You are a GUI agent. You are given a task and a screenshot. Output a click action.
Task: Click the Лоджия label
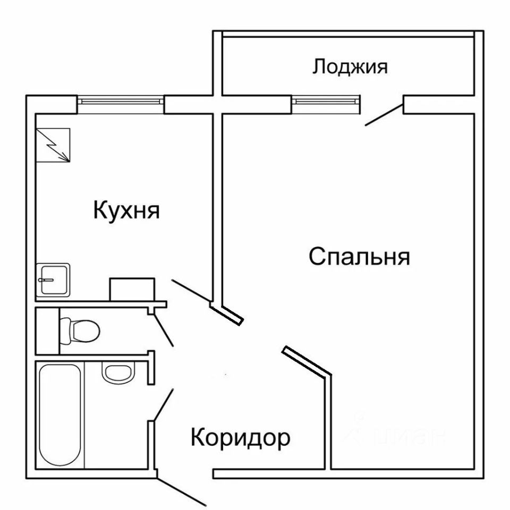pos(350,67)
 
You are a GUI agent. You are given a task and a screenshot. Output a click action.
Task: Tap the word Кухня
pos(126,210)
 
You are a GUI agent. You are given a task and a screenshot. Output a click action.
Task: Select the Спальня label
pos(359,257)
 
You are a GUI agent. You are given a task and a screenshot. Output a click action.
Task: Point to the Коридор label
pos(240,438)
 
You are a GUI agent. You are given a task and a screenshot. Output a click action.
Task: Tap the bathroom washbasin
pos(115,373)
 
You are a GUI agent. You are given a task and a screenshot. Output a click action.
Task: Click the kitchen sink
pos(53,280)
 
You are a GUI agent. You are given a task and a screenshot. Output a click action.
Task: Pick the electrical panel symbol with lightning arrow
pos(53,144)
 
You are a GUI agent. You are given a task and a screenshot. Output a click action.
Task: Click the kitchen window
pos(121,100)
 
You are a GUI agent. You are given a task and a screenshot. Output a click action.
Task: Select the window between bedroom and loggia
pos(326,100)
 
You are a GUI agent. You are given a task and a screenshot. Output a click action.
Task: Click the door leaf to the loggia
pos(383,115)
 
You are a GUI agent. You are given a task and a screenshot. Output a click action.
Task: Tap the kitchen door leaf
pos(191,291)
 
